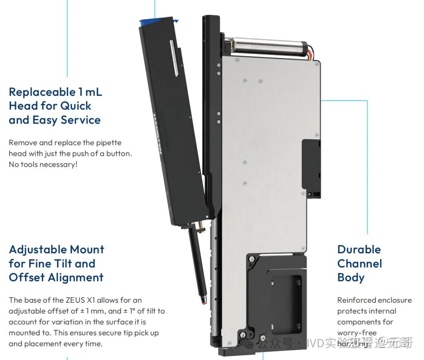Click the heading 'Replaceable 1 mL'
[55, 92]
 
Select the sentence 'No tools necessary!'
[43, 164]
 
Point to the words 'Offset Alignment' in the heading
[56, 278]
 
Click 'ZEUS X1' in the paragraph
[80, 300]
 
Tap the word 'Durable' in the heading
[359, 250]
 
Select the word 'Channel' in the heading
[360, 263]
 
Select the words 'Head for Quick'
[50, 106]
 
